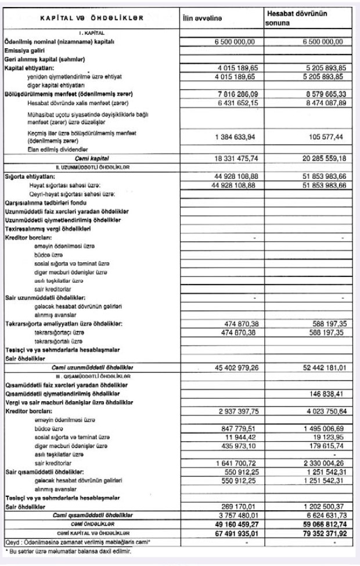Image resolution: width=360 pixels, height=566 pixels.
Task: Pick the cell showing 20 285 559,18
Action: click(321, 157)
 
